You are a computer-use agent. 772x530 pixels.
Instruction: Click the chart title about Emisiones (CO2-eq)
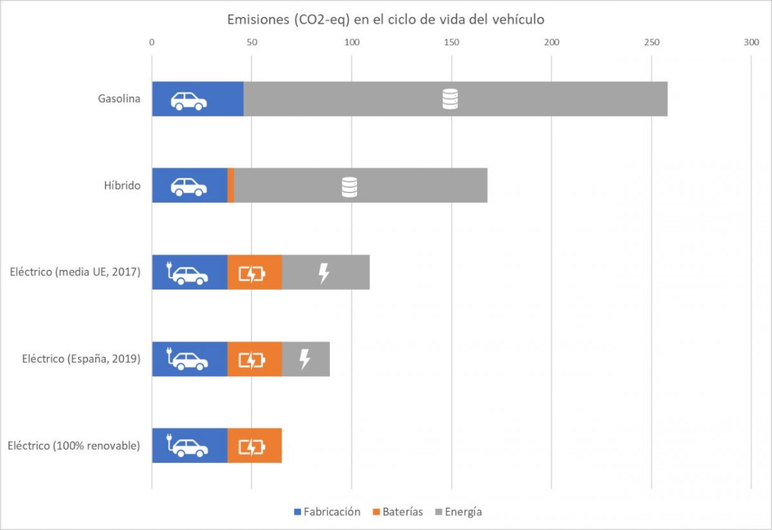[385, 19]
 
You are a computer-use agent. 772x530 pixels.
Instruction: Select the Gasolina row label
[119, 99]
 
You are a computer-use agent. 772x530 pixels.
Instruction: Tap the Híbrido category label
[123, 185]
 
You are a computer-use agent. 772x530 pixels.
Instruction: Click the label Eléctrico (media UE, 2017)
[75, 272]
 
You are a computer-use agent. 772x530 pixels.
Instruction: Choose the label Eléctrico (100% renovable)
[74, 445]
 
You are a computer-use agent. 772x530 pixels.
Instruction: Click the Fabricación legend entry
[327, 512]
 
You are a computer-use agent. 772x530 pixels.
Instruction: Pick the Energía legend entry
[457, 512]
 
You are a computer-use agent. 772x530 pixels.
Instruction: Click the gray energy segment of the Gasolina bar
[547, 99]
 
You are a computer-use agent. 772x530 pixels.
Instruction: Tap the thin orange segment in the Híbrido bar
[231, 185]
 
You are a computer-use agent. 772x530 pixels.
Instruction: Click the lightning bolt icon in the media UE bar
[324, 273]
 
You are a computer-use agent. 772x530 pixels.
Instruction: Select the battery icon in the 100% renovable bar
[252, 446]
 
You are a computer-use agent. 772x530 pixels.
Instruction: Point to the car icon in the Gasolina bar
[188, 100]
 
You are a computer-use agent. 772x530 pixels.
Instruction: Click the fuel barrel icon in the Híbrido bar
[349, 187]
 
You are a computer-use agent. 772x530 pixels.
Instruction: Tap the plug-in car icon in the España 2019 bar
[188, 359]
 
